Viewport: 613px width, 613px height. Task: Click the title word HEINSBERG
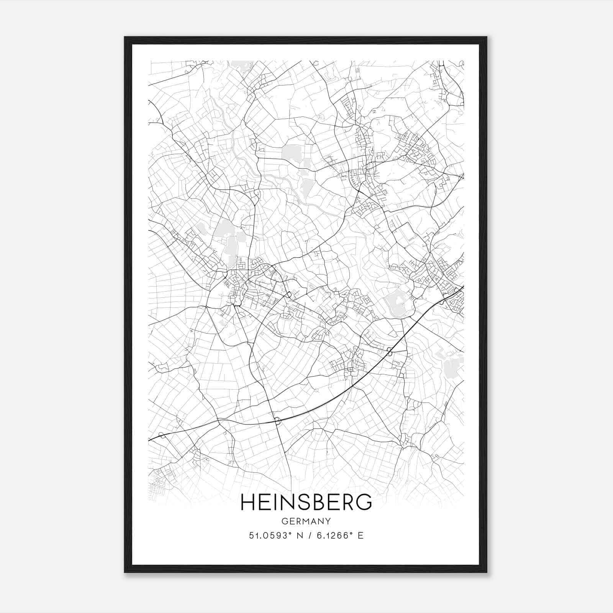(x=306, y=502)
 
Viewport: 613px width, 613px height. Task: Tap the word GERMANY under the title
(x=306, y=521)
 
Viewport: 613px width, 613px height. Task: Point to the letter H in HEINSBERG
(x=247, y=502)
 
